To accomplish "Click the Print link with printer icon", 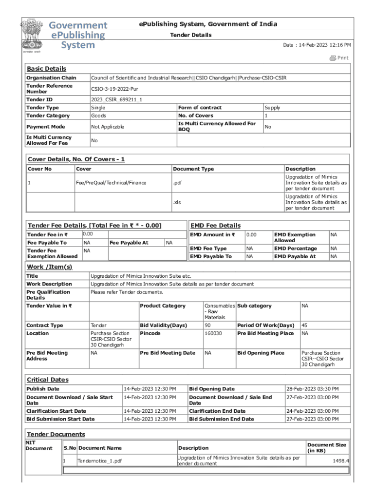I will pos(339,58).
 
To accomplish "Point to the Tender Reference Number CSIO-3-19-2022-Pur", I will pos(115,89).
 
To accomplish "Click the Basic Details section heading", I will pos(46,69).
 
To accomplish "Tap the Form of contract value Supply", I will pos(272,108).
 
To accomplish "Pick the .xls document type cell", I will pos(177,202).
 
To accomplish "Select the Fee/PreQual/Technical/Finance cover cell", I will pos(111,183).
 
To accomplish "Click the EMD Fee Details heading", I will pos(215,226).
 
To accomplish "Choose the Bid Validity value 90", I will pos(207,325).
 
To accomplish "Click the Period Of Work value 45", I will pos(304,325).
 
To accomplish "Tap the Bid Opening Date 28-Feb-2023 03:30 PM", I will pos(312,389).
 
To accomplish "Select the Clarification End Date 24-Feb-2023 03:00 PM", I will pos(312,411).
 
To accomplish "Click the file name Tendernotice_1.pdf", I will pos(100,461).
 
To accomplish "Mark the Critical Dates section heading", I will pos(47,380).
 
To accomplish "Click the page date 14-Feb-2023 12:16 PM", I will pos(317,45).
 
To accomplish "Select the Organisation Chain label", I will pos(51,78).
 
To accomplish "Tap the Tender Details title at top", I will pos(190,35).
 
